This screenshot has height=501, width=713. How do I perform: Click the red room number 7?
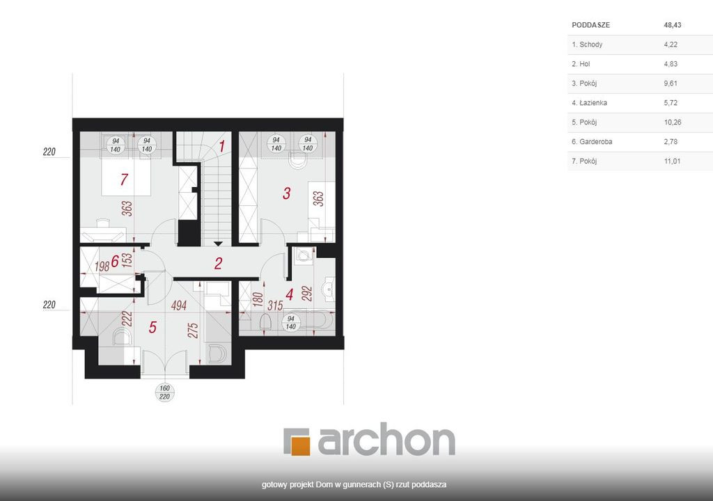[124, 180]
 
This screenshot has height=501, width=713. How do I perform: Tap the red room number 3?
[286, 193]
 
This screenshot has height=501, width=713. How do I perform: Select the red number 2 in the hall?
[218, 263]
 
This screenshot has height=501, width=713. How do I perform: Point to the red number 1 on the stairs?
[222, 146]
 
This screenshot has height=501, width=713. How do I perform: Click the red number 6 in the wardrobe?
[115, 262]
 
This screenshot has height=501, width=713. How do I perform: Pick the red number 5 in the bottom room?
[152, 327]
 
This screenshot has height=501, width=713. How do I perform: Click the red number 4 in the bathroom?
[290, 294]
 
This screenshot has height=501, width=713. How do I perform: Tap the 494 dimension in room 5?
[179, 305]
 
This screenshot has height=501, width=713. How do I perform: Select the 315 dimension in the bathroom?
[275, 305]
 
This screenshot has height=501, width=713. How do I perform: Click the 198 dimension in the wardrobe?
[102, 266]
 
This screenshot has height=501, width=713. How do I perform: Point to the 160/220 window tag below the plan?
[164, 392]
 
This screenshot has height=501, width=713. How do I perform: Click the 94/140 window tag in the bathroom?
[291, 323]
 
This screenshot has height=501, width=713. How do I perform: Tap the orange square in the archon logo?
[300, 445]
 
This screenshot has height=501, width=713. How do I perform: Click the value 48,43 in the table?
[673, 25]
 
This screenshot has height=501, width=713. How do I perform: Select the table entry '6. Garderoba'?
[592, 142]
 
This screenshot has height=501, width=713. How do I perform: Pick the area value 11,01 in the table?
[672, 161]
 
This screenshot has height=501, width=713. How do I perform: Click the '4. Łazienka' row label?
[589, 103]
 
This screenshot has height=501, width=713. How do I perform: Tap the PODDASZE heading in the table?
[590, 25]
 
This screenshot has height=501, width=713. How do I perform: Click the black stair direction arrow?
[218, 244]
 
